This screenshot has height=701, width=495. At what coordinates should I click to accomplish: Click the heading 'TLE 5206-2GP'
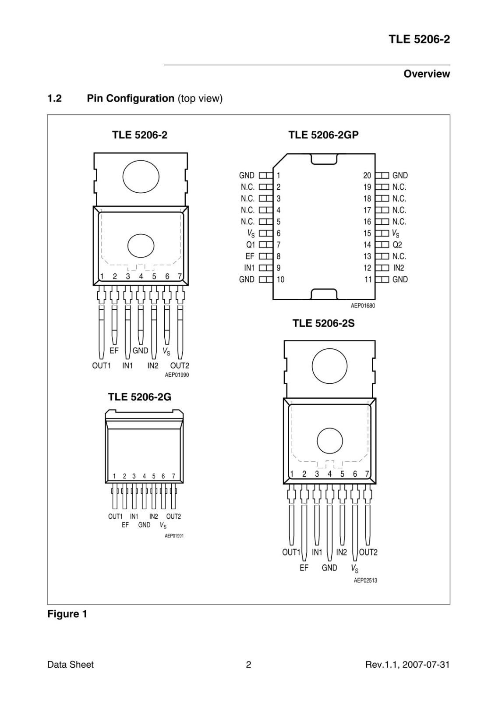323,135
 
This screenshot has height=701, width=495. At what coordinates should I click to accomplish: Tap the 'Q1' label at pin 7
250,245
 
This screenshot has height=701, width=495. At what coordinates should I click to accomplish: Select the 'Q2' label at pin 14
397,245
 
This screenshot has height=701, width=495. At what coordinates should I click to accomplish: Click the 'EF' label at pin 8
250,256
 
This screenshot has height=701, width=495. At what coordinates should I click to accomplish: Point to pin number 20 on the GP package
367,176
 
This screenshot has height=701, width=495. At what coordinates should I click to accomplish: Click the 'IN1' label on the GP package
249,268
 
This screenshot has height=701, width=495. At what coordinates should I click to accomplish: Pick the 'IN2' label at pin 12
399,268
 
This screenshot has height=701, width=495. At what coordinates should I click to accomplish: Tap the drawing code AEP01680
363,306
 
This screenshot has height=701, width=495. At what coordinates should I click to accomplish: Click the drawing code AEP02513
365,581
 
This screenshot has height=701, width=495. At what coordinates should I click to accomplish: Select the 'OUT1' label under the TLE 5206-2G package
115,517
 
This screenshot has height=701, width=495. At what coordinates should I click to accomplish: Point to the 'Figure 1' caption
67,614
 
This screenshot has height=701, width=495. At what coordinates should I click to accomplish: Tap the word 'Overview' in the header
427,74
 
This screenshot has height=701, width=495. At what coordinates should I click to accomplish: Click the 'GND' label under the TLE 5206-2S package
329,568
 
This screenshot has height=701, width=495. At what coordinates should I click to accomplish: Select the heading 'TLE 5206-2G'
140,397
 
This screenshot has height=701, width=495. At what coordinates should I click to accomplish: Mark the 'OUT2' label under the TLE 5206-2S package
368,552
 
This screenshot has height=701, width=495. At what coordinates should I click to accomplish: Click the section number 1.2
54,99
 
